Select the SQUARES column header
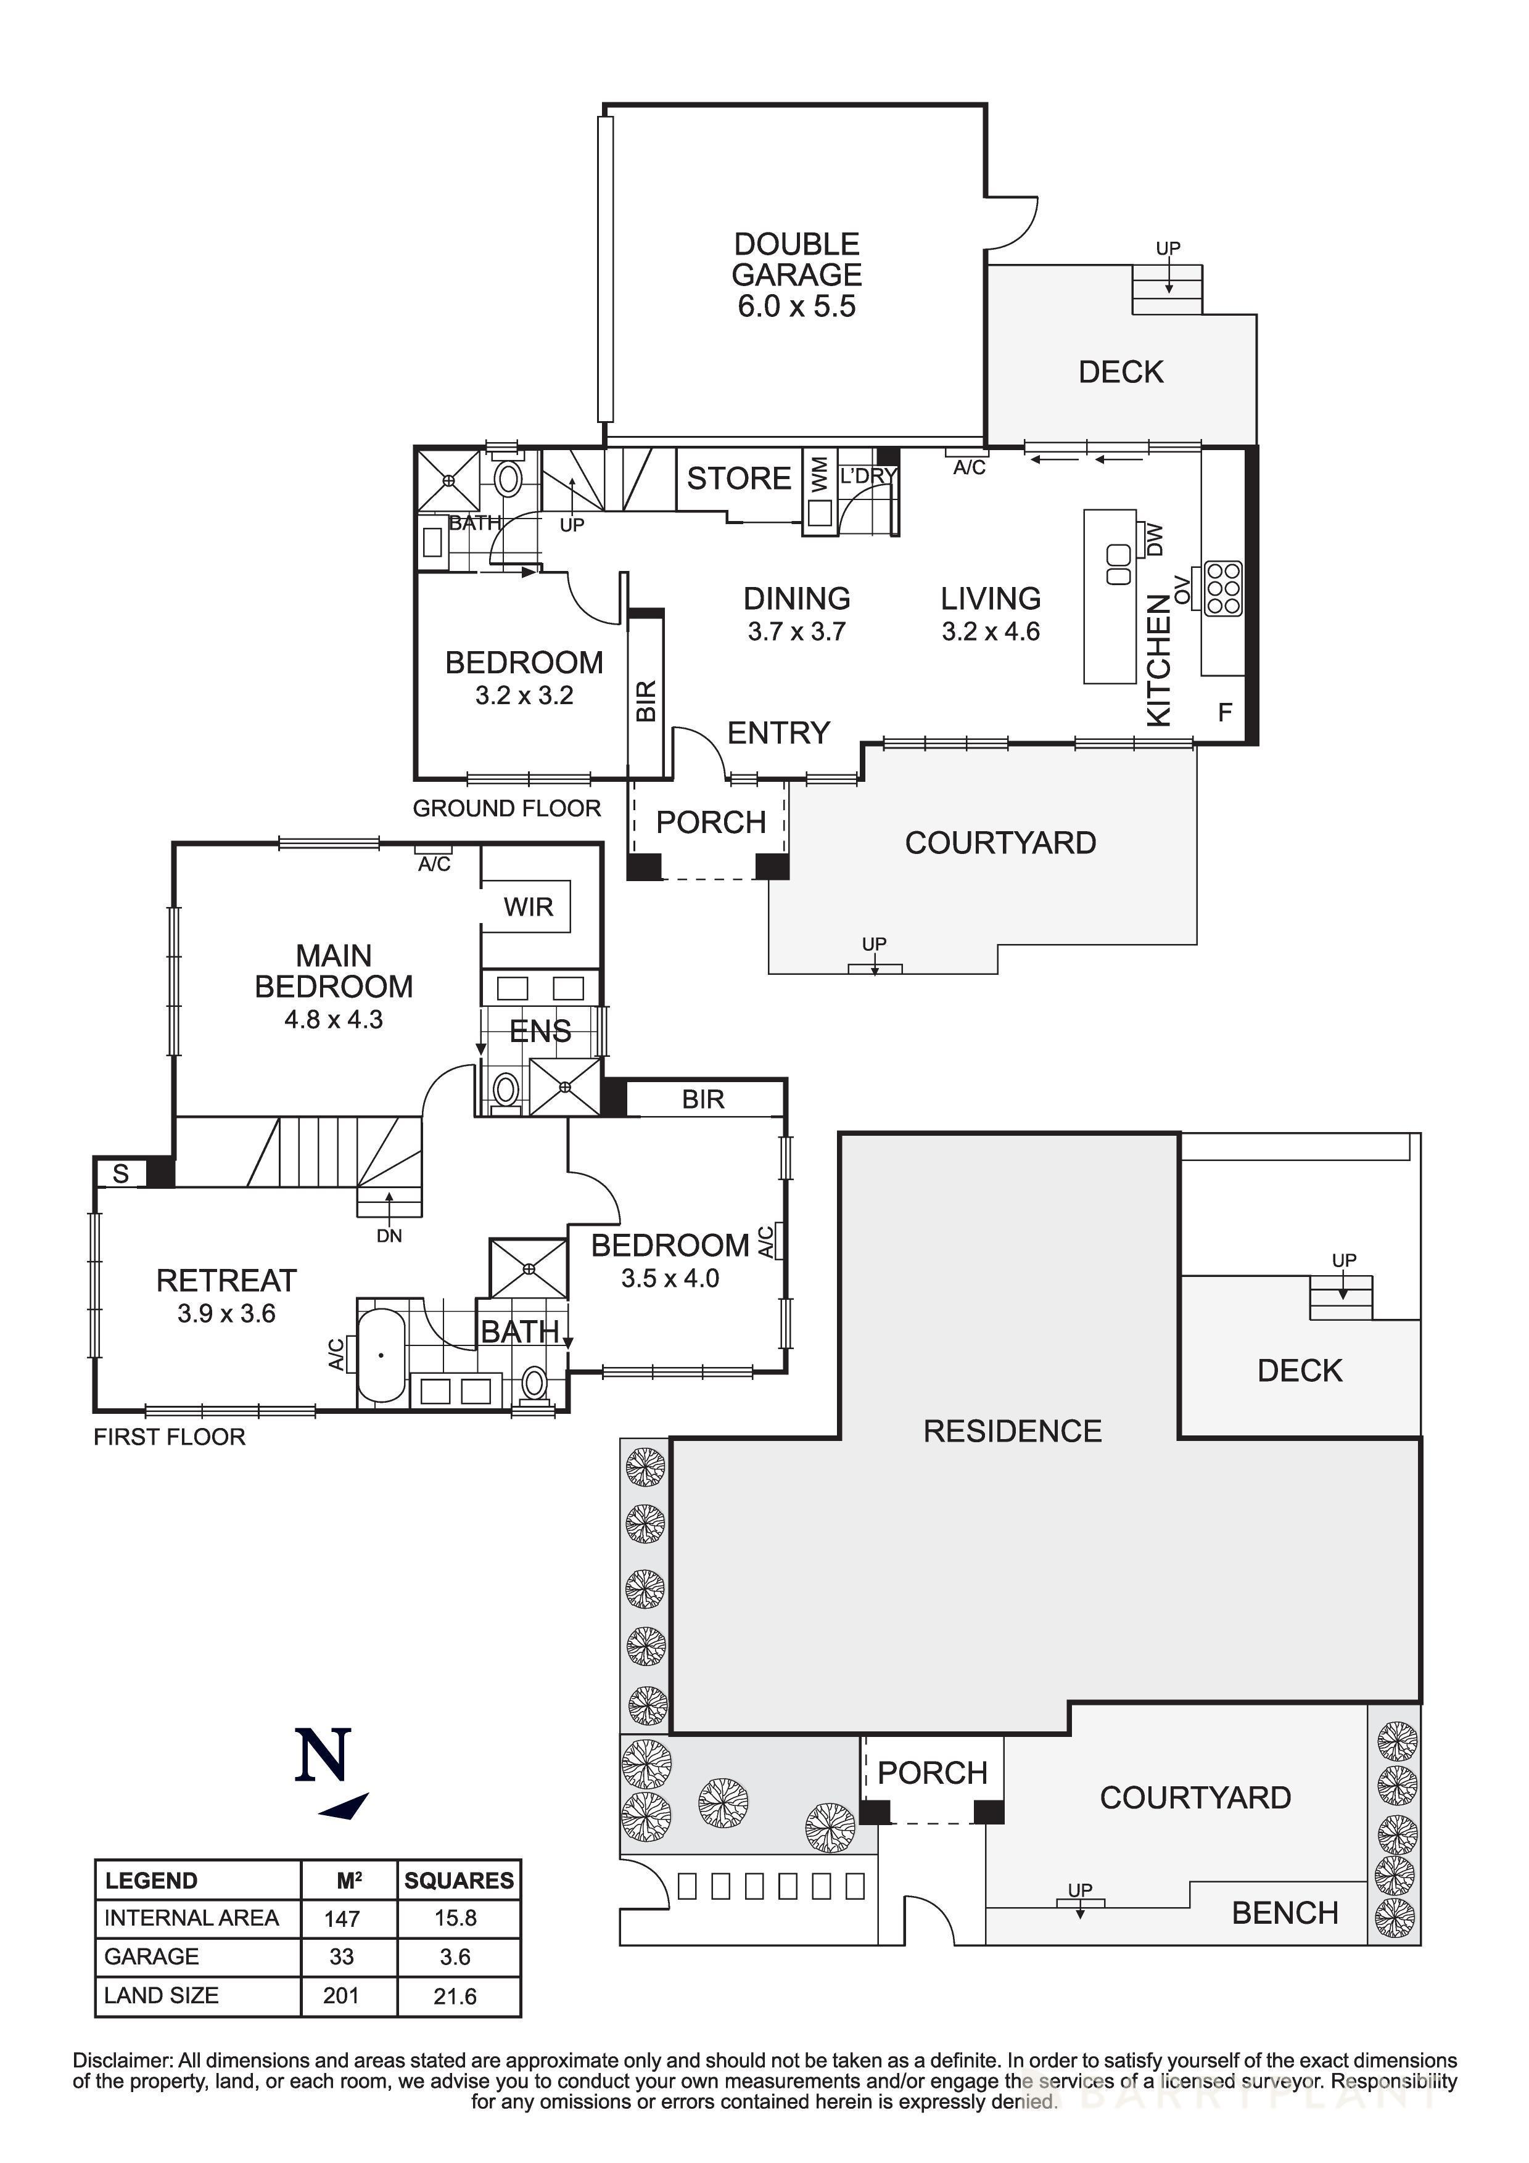click(x=459, y=1881)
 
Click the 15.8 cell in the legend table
click(x=455, y=1918)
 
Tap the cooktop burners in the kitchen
click(x=1223, y=589)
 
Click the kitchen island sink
click(x=1118, y=564)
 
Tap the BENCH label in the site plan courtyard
click(x=1284, y=1913)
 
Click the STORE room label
click(x=738, y=478)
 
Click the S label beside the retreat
click(x=121, y=1173)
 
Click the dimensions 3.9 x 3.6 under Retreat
click(x=226, y=1313)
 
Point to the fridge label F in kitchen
click(x=1225, y=712)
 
